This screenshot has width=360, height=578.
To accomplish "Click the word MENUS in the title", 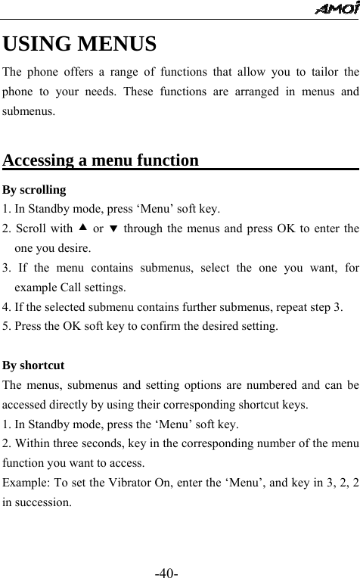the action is (117, 44).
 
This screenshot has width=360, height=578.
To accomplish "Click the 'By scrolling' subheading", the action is (34, 189).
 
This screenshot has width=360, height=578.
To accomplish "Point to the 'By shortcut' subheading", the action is (33, 365).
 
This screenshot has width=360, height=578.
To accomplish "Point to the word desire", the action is (74, 247).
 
